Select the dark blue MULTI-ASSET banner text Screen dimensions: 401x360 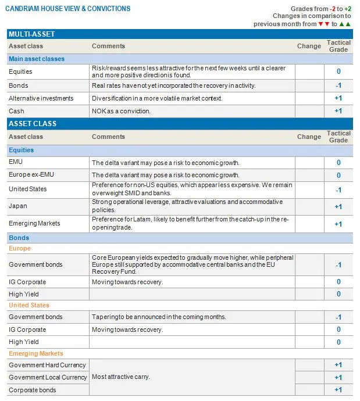32,34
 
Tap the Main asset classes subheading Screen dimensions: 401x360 37,59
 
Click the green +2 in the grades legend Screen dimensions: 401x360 347,9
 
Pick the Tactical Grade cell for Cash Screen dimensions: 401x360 338,111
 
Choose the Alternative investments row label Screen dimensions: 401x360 41,98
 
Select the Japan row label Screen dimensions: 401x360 18,206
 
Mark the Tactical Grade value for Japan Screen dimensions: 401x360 338,206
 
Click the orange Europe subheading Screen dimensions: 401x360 20,248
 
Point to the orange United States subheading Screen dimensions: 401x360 29,305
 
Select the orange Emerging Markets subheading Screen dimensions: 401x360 36,353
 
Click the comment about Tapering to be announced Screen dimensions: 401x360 159,317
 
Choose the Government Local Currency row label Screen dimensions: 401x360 48,377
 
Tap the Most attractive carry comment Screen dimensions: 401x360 121,377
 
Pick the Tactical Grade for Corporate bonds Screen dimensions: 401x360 338,390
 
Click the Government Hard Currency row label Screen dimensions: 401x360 47,365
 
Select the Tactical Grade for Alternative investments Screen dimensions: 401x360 338,98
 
